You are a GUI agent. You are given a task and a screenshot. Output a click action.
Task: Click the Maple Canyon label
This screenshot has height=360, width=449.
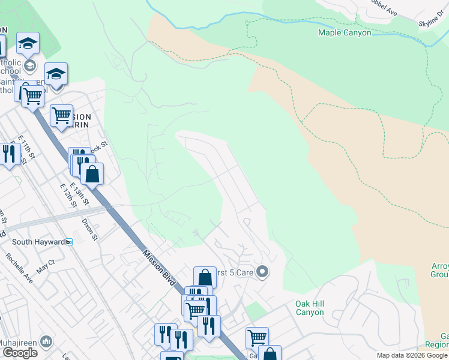(x=345, y=33)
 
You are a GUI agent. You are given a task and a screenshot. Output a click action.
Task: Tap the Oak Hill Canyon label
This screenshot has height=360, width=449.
(x=310, y=308)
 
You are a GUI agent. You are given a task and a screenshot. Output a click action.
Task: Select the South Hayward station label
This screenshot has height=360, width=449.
(x=38, y=242)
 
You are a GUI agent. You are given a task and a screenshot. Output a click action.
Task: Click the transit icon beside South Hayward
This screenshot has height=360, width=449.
(x=69, y=242)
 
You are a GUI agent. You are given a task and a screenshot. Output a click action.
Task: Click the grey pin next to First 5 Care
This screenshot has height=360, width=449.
(x=262, y=272)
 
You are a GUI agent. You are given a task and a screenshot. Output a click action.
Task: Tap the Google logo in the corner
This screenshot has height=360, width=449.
(x=20, y=353)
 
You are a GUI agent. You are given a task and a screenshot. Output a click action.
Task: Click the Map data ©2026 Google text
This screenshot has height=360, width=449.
(x=412, y=355)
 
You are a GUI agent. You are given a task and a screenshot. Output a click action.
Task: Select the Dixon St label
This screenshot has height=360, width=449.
(x=91, y=229)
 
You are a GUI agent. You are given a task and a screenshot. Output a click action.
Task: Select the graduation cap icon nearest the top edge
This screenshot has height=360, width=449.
(x=28, y=43)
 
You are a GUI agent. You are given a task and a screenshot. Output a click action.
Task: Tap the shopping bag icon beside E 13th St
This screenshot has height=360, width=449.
(x=92, y=174)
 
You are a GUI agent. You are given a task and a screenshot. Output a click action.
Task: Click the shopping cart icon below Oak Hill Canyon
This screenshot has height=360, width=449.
(x=257, y=338)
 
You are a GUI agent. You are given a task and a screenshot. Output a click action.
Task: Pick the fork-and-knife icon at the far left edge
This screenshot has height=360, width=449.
(x=9, y=154)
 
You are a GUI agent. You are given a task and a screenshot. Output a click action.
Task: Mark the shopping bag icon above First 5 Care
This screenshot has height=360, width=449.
(x=205, y=278)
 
